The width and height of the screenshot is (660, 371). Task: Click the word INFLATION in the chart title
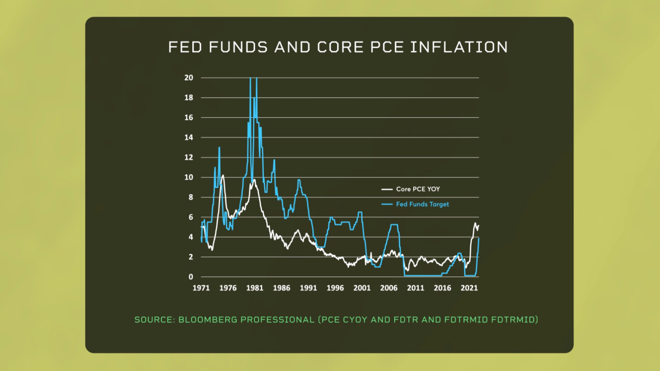[x=459, y=47]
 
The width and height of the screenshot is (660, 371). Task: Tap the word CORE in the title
[x=340, y=47]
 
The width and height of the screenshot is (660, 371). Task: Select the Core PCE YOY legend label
[x=418, y=189]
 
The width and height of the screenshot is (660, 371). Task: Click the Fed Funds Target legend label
[x=422, y=204]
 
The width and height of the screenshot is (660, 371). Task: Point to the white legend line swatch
[x=387, y=189]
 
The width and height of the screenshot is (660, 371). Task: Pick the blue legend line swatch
[x=387, y=204]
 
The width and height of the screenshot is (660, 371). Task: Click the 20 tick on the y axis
[x=189, y=78]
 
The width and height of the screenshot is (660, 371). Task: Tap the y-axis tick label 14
[x=189, y=137]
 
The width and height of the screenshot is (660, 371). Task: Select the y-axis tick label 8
[x=191, y=197]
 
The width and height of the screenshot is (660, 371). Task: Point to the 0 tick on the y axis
[x=191, y=277]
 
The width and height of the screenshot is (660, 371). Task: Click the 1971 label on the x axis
[x=201, y=288]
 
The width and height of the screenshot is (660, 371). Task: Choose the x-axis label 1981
[x=255, y=288]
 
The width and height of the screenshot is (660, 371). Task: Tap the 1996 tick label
[x=335, y=288]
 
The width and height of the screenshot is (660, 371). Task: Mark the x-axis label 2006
[x=389, y=288]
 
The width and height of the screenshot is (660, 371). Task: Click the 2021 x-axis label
[x=469, y=288]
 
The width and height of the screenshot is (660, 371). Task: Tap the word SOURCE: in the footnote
[x=155, y=320]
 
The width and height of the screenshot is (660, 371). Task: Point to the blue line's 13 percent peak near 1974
[x=219, y=148]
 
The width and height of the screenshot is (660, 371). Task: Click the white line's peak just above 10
[x=223, y=176]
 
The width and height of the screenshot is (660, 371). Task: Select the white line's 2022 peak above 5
[x=475, y=223]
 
